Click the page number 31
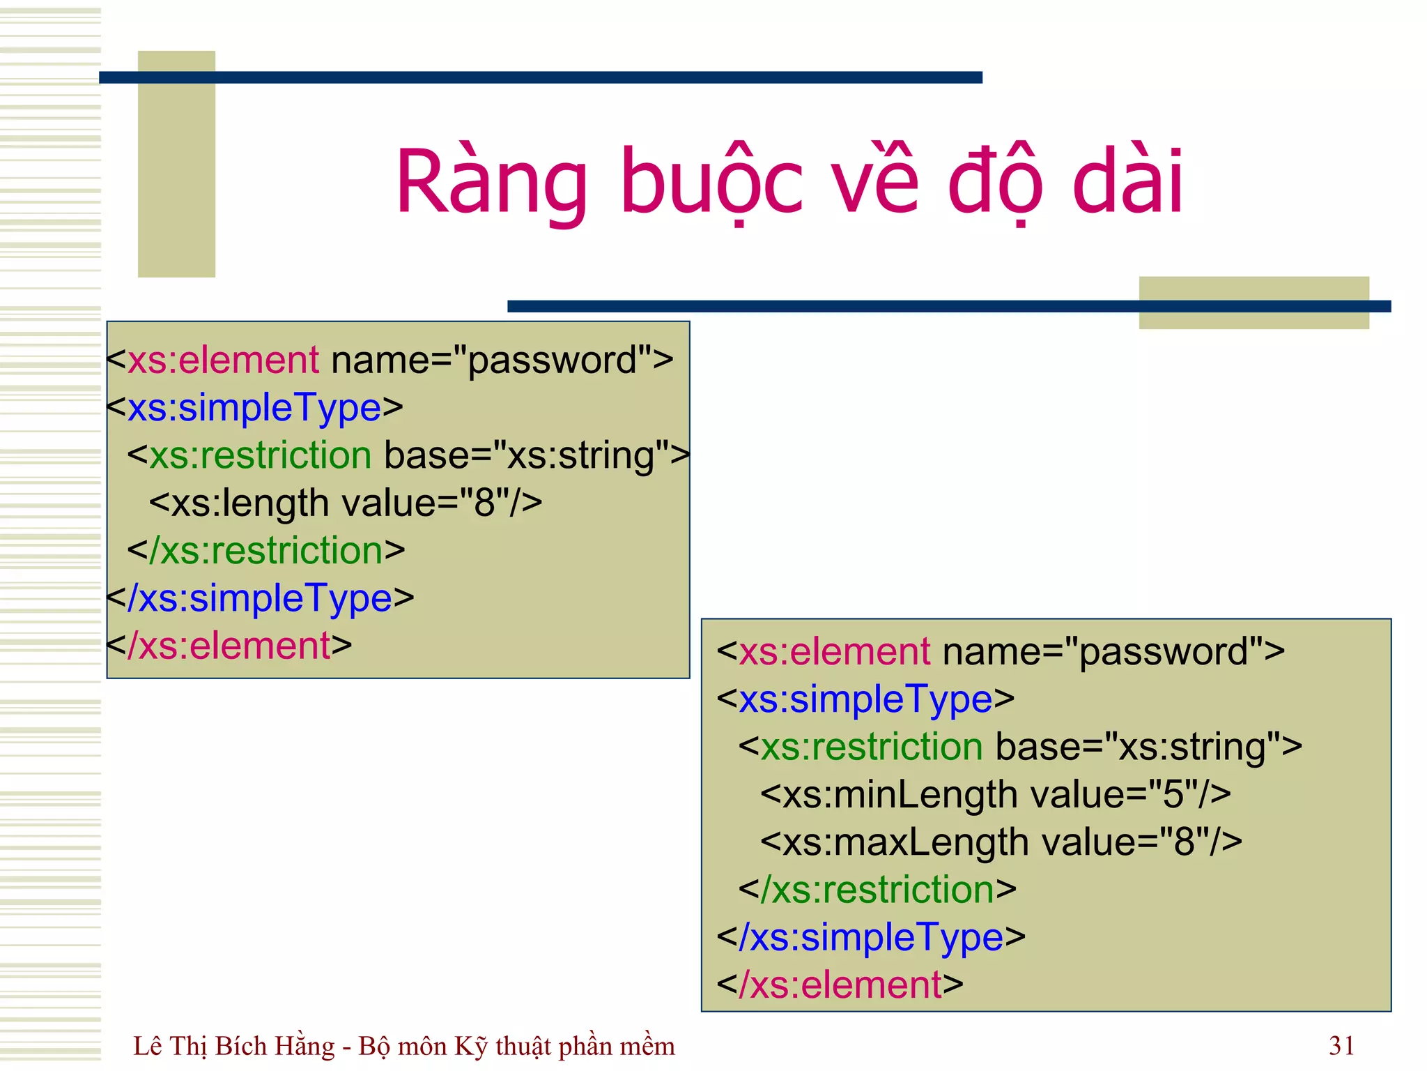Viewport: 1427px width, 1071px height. (x=1341, y=1046)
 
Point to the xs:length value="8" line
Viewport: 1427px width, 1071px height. (x=346, y=503)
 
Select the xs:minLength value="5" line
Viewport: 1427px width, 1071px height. (x=995, y=794)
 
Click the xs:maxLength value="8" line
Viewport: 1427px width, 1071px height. (x=1001, y=842)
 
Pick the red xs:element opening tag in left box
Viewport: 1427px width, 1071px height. (x=223, y=360)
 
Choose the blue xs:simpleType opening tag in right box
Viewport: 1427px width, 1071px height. (x=865, y=699)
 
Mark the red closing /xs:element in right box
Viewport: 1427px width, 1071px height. (x=840, y=985)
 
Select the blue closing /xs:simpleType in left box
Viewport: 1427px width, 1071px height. (x=265, y=598)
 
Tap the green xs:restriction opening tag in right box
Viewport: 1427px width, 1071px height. (x=871, y=747)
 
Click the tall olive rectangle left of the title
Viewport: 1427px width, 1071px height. (x=176, y=164)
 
